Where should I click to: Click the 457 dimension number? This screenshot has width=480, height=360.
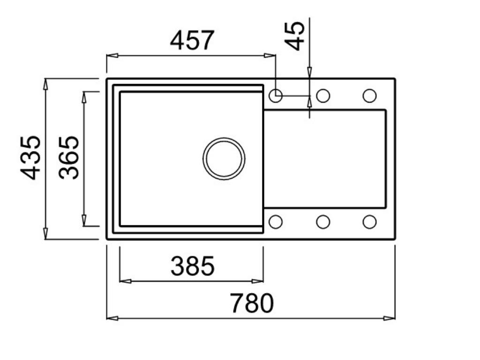coord(192,41)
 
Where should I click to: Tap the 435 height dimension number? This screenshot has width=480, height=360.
coord(31,157)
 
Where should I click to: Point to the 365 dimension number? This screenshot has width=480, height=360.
coord(69,157)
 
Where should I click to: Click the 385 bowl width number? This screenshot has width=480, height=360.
coord(192,266)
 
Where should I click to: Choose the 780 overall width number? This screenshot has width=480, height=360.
coord(251,303)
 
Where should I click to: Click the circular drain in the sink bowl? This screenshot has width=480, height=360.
coord(224,158)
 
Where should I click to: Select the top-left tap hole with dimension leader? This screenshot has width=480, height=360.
coord(276,96)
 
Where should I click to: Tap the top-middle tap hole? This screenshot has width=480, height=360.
coord(323,96)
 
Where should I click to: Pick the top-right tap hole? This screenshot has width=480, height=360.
coord(369,96)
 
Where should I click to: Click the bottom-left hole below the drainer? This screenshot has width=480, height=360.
coord(276,222)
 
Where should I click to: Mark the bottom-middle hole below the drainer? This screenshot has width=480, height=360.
coord(323,222)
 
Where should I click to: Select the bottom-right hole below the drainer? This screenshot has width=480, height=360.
coord(369,222)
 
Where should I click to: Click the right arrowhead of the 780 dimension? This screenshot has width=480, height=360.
coord(390,318)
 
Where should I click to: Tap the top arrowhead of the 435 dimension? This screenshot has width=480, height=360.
coord(45,83)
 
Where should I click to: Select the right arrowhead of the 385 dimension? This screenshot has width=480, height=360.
coord(258,281)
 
